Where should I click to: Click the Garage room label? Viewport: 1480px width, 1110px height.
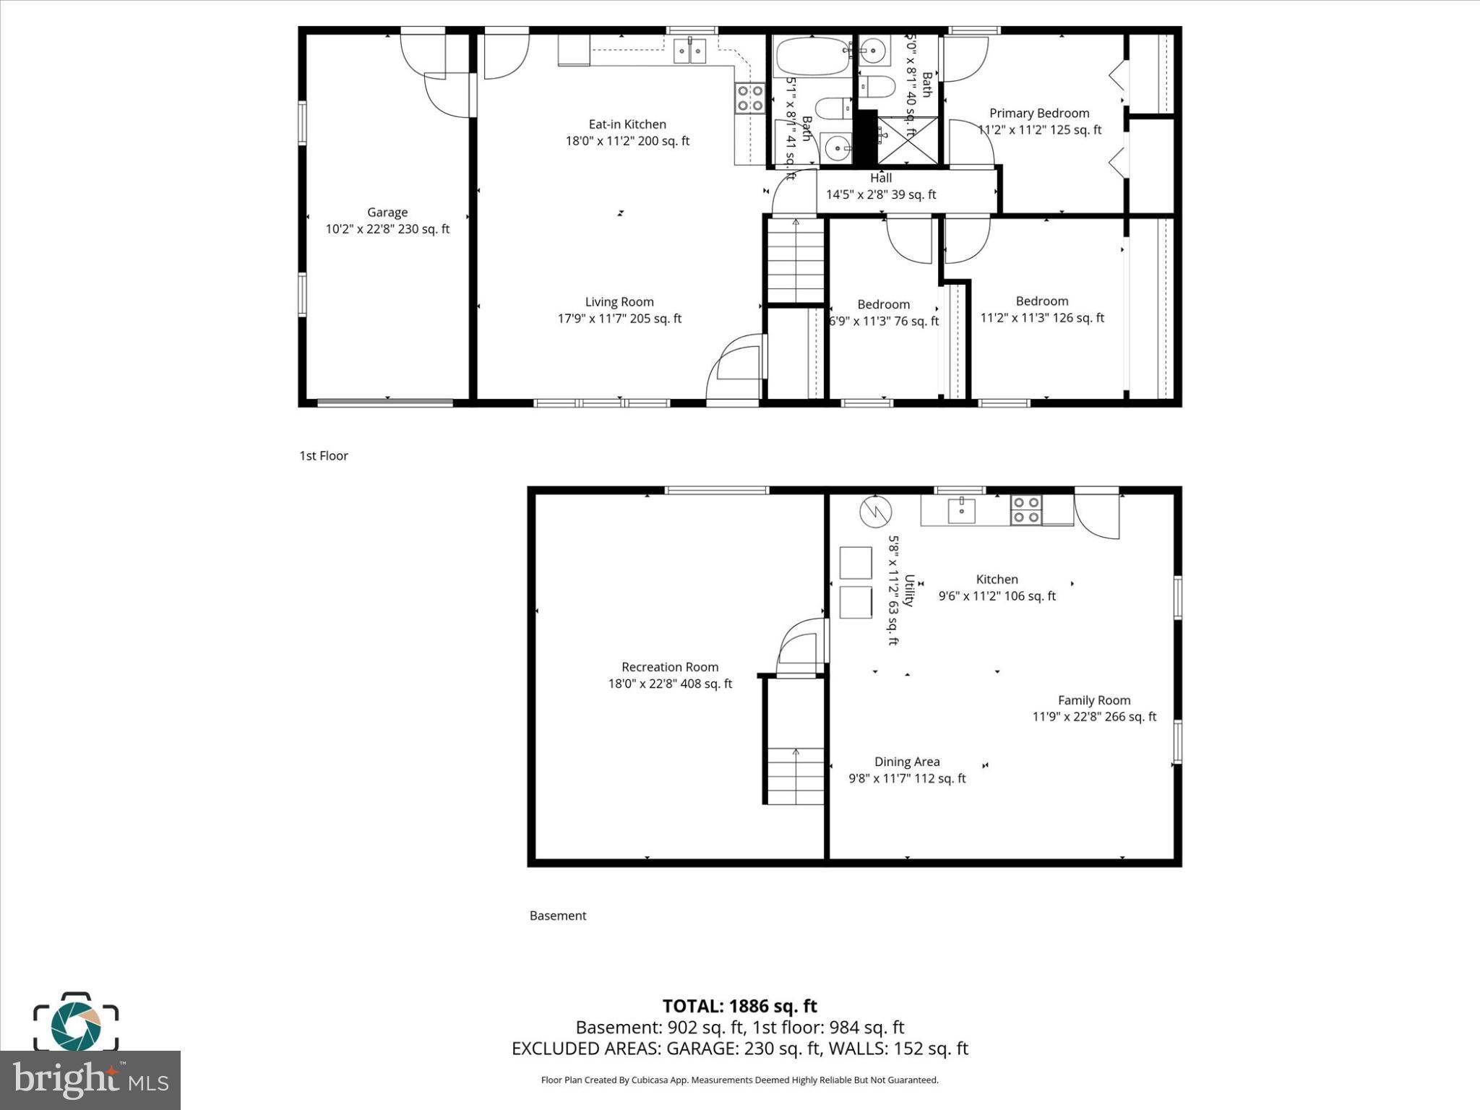(x=387, y=212)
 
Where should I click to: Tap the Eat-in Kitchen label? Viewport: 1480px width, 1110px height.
(x=627, y=124)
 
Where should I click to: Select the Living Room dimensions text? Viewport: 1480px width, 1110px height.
(x=619, y=319)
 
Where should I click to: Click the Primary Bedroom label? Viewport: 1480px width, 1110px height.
(x=1039, y=113)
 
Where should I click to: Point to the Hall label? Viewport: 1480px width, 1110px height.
(x=881, y=178)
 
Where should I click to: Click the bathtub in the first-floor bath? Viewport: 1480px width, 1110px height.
(x=812, y=56)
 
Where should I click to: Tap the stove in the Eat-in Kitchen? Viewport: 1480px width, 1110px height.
(x=750, y=98)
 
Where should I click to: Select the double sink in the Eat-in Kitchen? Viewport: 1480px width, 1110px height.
(x=689, y=51)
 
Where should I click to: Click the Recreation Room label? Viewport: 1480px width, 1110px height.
(x=670, y=667)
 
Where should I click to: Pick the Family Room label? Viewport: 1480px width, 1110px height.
(x=1094, y=700)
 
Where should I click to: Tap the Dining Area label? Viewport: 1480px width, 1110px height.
(x=907, y=762)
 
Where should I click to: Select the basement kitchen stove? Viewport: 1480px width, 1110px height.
(x=1025, y=509)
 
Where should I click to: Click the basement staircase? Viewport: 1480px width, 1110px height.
(x=795, y=776)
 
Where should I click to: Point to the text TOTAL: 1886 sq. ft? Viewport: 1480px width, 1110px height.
(x=739, y=1006)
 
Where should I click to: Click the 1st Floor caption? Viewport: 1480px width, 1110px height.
(x=324, y=456)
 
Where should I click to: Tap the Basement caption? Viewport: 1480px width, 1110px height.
(x=558, y=916)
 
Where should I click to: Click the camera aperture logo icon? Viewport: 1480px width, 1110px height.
(x=75, y=1023)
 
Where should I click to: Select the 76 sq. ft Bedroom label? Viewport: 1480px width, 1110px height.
(x=883, y=305)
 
